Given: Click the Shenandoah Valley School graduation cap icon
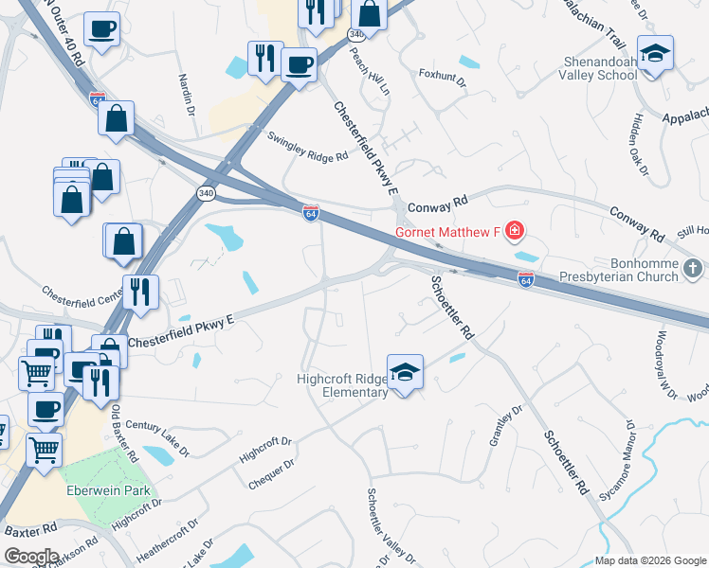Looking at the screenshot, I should click(x=655, y=53).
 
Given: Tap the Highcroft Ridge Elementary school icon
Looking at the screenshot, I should click(x=405, y=372).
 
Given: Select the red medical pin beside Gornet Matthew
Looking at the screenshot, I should click(x=515, y=230).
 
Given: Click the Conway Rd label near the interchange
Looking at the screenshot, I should click(x=438, y=204).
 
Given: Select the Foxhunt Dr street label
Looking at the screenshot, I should click(x=442, y=77).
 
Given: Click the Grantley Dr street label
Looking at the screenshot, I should click(x=505, y=426).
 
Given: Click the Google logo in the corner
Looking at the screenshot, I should click(x=31, y=557).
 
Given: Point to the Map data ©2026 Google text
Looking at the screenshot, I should click(x=651, y=560).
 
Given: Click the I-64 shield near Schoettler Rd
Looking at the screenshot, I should click(x=526, y=279).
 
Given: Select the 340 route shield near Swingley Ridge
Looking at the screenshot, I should click(x=206, y=193).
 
